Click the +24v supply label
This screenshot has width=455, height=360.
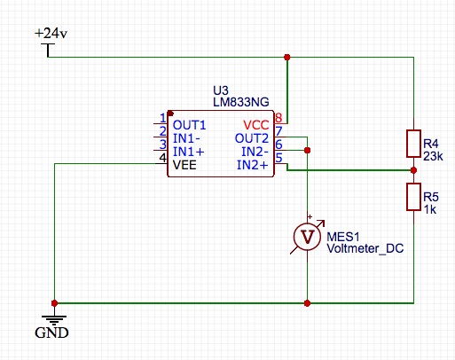(x=51, y=33)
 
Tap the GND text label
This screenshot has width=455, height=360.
(x=51, y=333)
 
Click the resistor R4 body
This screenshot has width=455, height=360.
(x=413, y=144)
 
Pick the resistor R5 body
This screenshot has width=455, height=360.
(x=413, y=197)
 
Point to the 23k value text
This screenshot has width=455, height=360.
(x=433, y=156)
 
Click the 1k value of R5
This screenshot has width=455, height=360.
(x=430, y=209)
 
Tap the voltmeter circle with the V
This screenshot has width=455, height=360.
(x=307, y=237)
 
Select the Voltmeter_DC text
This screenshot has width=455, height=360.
(x=365, y=248)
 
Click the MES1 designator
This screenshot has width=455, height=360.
(x=343, y=237)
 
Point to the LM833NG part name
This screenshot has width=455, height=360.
(x=241, y=102)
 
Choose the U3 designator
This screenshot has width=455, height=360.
(x=221, y=90)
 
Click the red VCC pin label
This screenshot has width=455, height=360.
(x=256, y=125)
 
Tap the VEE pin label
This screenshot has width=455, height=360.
(x=184, y=165)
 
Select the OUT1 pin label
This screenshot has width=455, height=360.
(x=189, y=125)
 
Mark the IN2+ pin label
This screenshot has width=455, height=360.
(x=252, y=165)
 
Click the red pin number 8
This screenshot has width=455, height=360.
(x=278, y=118)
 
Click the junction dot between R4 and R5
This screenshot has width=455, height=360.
(x=413, y=170)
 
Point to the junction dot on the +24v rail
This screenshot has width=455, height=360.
(x=286, y=57)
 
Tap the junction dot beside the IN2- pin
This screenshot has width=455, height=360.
(x=307, y=150)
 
